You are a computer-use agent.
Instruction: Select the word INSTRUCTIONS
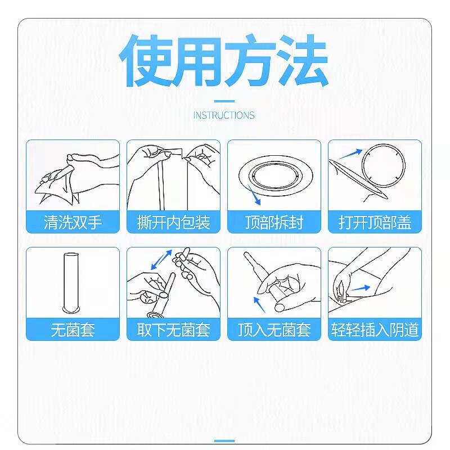pyautogui.click(x=224, y=115)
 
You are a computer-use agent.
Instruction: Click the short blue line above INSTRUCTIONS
pyautogui.click(x=224, y=102)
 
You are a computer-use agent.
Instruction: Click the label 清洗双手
pyautogui.click(x=73, y=222)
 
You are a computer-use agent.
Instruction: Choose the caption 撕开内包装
pyautogui.click(x=173, y=222)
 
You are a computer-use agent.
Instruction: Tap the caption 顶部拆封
pyautogui.click(x=274, y=222)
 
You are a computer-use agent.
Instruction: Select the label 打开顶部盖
pyautogui.click(x=375, y=222)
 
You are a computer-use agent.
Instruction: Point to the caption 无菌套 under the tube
pyautogui.click(x=73, y=330)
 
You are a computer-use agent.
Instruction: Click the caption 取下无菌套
pyautogui.click(x=173, y=330)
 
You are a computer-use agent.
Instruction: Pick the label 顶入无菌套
pyautogui.click(x=274, y=330)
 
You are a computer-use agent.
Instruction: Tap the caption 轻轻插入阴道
pyautogui.click(x=375, y=330)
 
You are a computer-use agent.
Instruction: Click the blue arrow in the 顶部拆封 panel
pyautogui.click(x=256, y=197)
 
